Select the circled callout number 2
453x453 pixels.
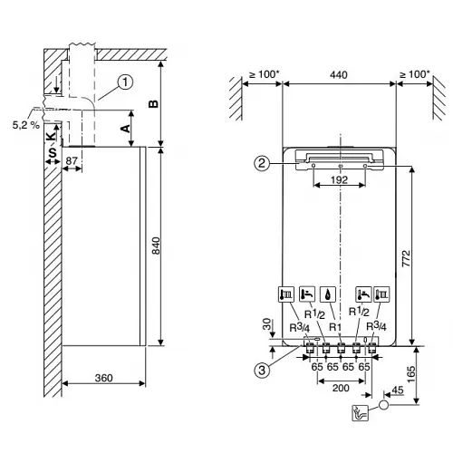coord(261,164)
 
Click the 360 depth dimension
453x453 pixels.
coord(102,378)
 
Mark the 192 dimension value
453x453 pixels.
coord(339,181)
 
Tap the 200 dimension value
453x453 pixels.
coord(339,387)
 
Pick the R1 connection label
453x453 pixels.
coord(334,326)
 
